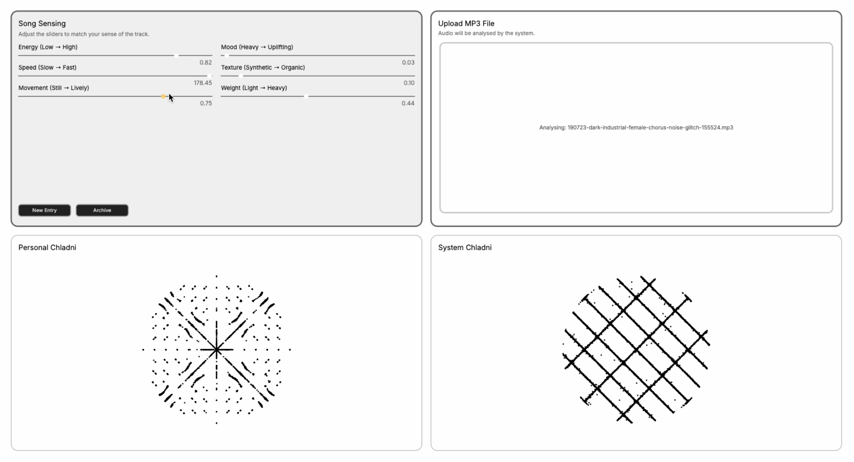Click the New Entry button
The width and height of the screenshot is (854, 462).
click(44, 210)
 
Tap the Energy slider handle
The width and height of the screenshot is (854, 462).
click(177, 55)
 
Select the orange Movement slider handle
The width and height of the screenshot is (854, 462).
click(163, 96)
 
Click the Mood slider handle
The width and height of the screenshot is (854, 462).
click(227, 55)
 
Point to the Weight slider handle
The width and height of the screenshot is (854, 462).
click(306, 96)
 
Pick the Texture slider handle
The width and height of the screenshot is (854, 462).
click(241, 76)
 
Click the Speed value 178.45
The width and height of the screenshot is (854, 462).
click(203, 83)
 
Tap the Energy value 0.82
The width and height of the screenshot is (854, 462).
click(205, 62)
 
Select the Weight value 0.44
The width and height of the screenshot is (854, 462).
click(408, 103)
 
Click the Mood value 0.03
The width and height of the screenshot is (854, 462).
click(408, 62)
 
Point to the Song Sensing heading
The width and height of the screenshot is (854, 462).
click(42, 23)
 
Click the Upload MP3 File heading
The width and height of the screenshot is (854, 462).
click(466, 23)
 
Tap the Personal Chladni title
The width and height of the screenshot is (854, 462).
click(47, 247)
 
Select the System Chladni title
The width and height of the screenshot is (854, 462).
click(465, 247)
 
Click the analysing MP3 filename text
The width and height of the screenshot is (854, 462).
click(650, 128)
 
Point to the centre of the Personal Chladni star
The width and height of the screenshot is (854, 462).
click(217, 349)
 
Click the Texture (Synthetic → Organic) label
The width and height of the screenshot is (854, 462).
click(263, 68)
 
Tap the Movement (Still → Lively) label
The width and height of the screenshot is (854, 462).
click(54, 88)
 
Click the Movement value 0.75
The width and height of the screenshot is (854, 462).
click(206, 103)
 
